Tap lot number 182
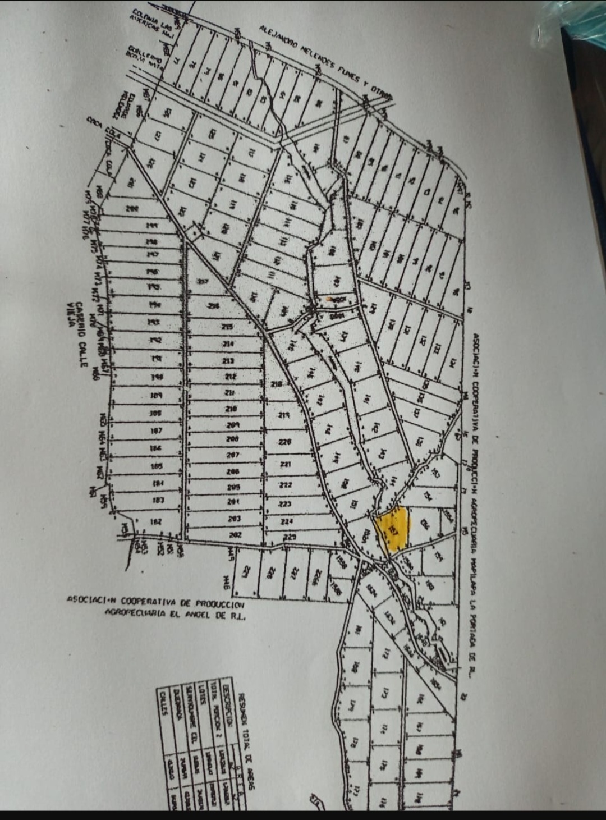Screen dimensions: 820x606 [157, 521]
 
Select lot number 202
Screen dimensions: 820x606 [235, 535]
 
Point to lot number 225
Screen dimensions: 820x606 [290, 538]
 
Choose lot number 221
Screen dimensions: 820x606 [285, 464]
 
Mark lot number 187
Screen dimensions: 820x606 [157, 430]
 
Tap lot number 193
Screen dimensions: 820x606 [153, 322]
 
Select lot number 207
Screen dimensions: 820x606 [233, 455]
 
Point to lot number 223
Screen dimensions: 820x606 [286, 503]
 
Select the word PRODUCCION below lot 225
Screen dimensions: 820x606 [221, 604]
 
